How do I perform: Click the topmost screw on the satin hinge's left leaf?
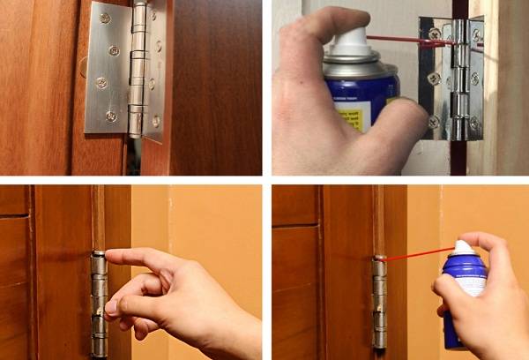pyautogui.click(x=105, y=18)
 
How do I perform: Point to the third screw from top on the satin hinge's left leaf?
pyautogui.click(x=101, y=82)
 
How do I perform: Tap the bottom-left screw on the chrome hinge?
pyautogui.click(x=433, y=121)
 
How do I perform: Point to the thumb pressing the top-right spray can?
pyautogui.click(x=401, y=124)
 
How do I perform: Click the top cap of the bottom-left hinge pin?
pyautogui.click(x=99, y=255)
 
